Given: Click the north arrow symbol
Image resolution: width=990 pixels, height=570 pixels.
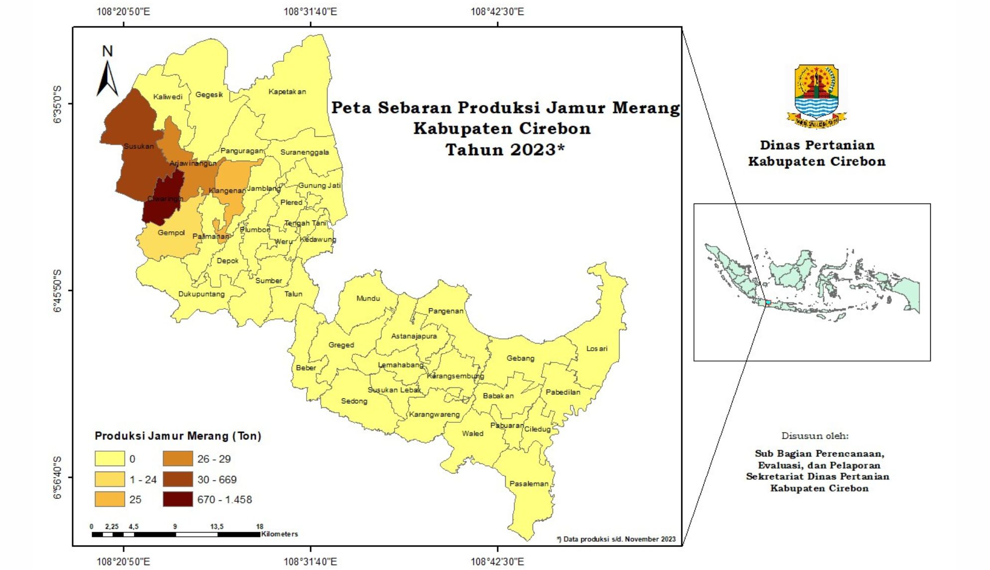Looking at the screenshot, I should pyautogui.click(x=107, y=75).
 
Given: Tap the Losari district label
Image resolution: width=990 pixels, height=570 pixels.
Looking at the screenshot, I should pyautogui.click(x=596, y=349).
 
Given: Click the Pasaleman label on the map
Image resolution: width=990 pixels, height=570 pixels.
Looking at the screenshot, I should pyautogui.click(x=529, y=483).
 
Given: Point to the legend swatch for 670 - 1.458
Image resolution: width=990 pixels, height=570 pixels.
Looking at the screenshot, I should pyautogui.click(x=178, y=499).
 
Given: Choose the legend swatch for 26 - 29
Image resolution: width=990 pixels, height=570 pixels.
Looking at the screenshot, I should pyautogui.click(x=178, y=459).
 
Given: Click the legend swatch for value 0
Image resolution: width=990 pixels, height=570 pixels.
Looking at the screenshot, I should pyautogui.click(x=110, y=459).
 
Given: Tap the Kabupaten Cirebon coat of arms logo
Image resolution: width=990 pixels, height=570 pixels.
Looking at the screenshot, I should pyautogui.click(x=816, y=95).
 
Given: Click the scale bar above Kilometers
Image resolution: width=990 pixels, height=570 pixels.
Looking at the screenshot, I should pyautogui.click(x=176, y=535).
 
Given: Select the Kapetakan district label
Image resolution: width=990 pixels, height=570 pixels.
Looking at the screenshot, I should pyautogui.click(x=287, y=92).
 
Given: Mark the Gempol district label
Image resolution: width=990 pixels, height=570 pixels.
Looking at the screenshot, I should pyautogui.click(x=171, y=233).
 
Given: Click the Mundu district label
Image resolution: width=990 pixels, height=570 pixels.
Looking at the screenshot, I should pyautogui.click(x=368, y=298).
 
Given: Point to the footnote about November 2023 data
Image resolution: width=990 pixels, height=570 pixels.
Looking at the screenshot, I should pyautogui.click(x=616, y=539).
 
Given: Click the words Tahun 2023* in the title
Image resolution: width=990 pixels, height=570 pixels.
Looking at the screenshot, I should pyautogui.click(x=505, y=150).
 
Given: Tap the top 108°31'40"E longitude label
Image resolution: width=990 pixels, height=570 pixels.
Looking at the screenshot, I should pyautogui.click(x=310, y=11).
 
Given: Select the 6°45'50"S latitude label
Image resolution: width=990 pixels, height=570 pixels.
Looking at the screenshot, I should pyautogui.click(x=58, y=290).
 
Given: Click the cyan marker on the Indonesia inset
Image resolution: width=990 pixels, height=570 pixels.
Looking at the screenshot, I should pyautogui.click(x=768, y=302).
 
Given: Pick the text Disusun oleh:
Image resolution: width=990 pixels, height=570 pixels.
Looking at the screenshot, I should pyautogui.click(x=815, y=436).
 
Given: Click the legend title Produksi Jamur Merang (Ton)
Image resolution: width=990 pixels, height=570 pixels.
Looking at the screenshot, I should pyautogui.click(x=178, y=436).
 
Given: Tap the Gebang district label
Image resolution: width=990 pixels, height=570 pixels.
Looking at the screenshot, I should pyautogui.click(x=520, y=358).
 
